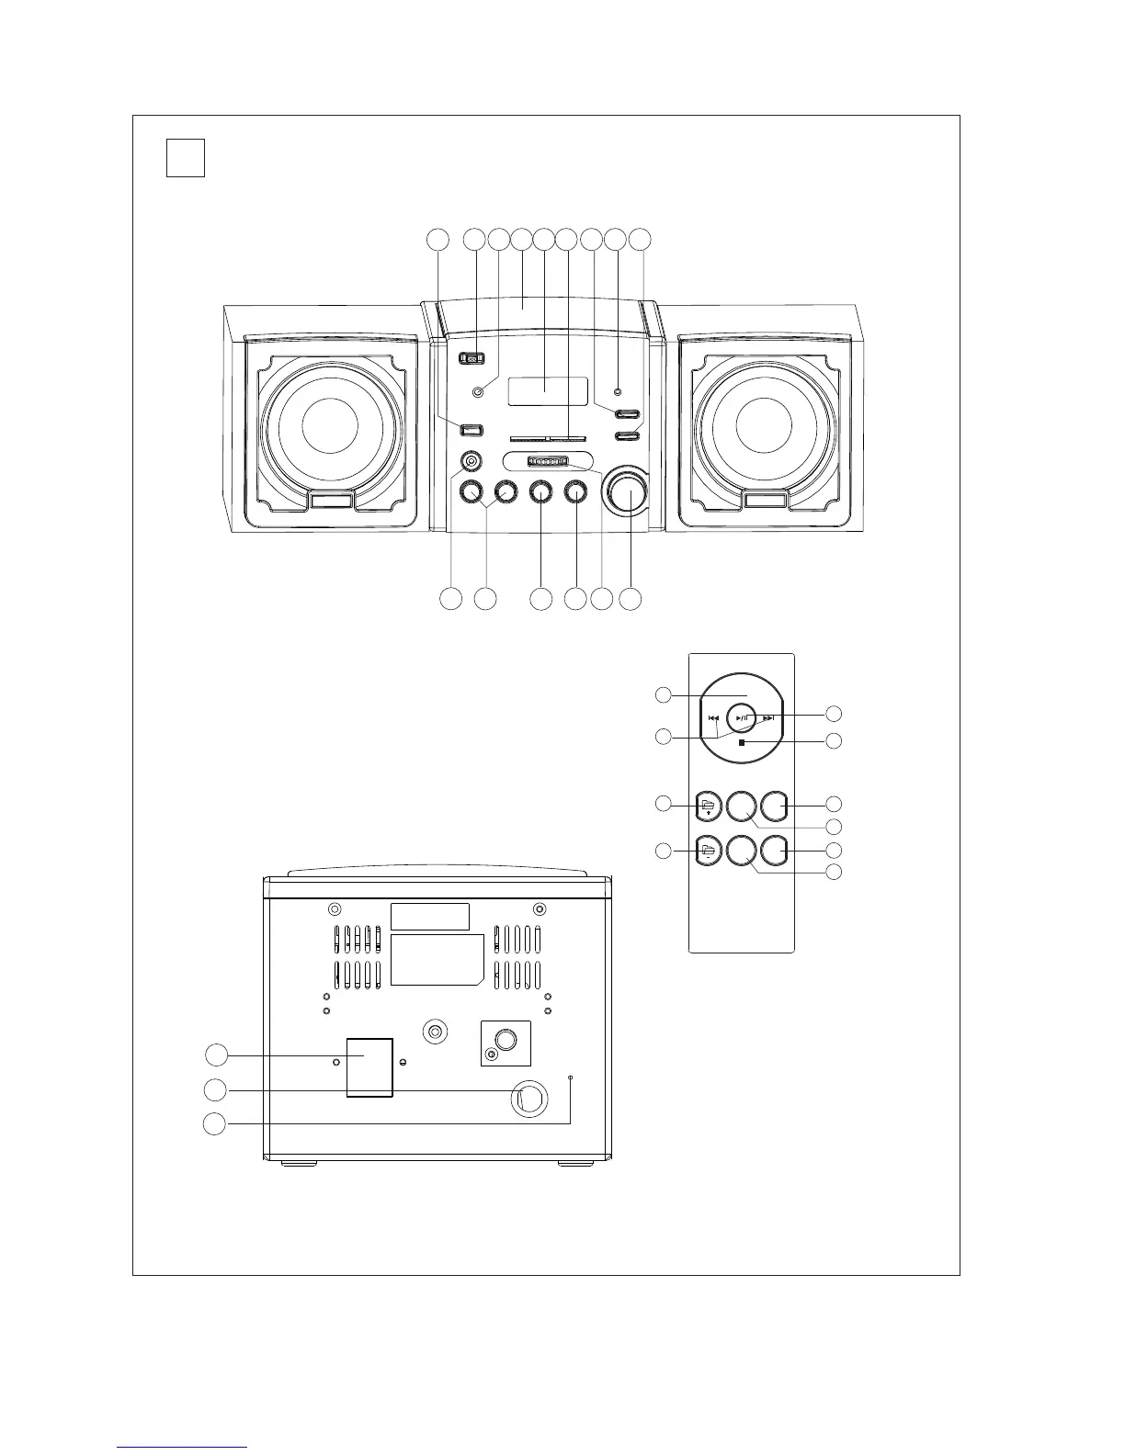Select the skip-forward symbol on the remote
point(769,719)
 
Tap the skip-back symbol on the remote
point(713,719)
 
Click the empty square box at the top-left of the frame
point(186,157)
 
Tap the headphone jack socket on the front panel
point(471,461)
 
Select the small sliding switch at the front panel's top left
point(471,359)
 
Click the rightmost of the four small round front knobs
point(576,492)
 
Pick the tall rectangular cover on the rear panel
point(369,1067)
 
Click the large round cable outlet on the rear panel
point(528,1099)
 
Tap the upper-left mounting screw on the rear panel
point(335,909)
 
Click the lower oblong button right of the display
point(627,436)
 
